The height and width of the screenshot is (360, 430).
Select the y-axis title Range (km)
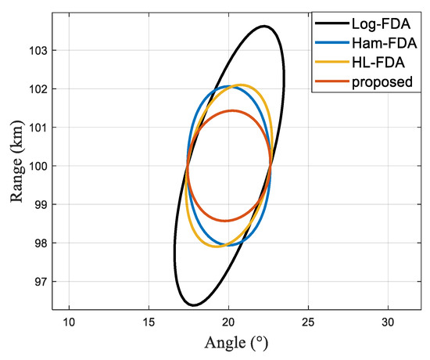coord(18,166)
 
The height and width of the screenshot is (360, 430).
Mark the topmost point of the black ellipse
coord(264,26)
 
